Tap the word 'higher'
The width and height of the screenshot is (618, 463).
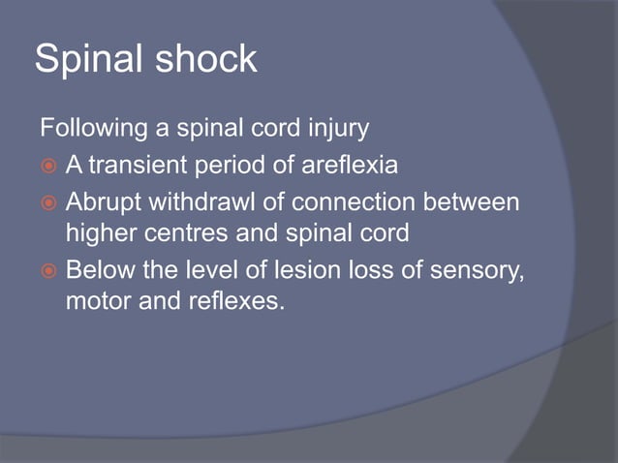[x=98, y=233]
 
